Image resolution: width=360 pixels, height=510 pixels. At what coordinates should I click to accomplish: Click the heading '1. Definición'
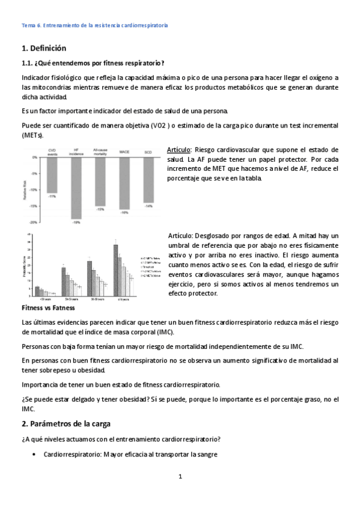pos(43,48)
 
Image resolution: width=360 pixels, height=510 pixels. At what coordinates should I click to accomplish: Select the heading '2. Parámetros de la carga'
pos(66,423)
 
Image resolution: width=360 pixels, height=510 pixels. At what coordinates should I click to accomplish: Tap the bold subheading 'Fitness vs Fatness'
pos(48,307)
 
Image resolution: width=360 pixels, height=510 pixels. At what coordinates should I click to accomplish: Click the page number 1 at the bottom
pos(180,476)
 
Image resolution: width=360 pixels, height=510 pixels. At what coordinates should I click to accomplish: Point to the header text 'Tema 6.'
pos(29,26)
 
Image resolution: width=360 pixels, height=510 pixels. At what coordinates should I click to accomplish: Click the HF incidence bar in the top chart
pos(76,188)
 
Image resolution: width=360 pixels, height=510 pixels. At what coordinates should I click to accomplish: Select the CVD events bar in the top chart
pos(52,175)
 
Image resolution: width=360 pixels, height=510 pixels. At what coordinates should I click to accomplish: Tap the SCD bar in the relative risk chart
pos(148,180)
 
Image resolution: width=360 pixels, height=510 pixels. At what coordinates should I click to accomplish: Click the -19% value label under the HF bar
pos(76,223)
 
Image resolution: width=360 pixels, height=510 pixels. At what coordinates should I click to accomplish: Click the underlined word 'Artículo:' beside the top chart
pos(179,149)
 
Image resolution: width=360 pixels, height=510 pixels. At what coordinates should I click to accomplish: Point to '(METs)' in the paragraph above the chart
pos(32,135)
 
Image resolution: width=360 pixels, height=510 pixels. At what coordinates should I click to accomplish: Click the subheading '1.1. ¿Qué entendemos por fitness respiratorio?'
pos(93,63)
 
